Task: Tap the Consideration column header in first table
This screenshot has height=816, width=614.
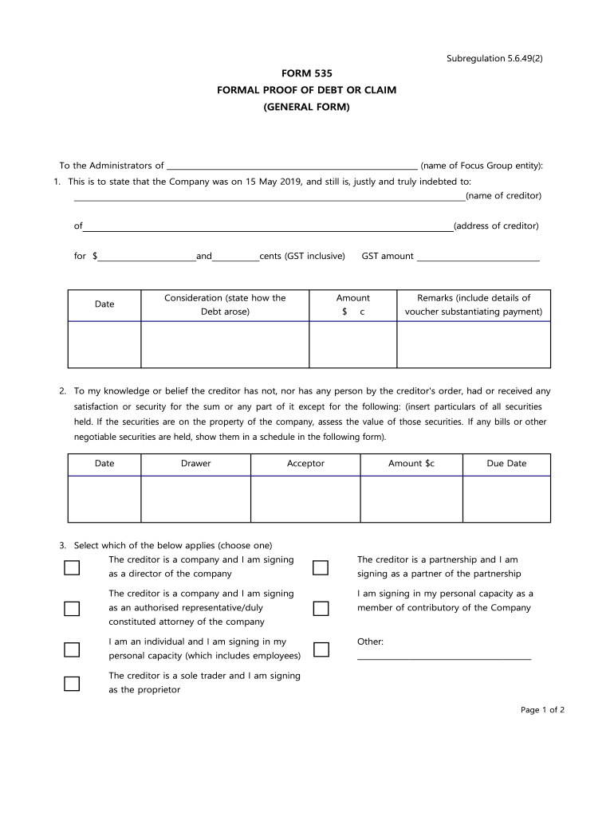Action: (x=225, y=304)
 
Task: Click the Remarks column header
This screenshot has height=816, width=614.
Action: (x=474, y=304)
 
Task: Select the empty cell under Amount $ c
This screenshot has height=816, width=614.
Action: (x=352, y=344)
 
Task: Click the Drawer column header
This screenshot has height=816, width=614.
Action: (x=196, y=463)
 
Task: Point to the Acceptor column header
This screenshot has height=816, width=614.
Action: (x=305, y=463)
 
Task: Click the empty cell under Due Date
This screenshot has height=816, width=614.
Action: (x=506, y=499)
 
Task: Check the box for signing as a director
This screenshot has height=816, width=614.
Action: (x=72, y=567)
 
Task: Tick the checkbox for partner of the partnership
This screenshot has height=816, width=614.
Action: (x=321, y=567)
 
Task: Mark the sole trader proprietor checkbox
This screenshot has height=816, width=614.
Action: (x=72, y=683)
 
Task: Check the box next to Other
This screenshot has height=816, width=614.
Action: (x=321, y=649)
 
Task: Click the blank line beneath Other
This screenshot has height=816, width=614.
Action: (x=444, y=658)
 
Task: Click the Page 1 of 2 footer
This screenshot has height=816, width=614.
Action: (x=542, y=710)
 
